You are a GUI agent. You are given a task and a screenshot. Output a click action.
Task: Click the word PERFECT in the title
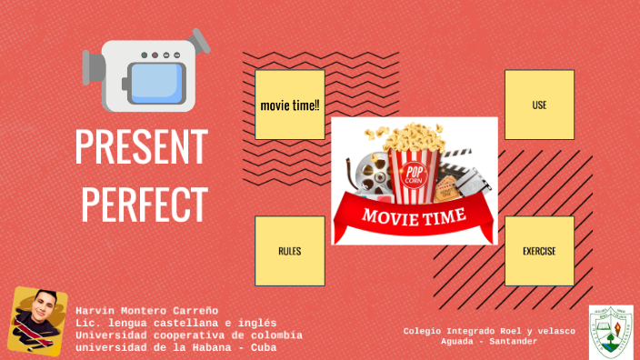(141, 203)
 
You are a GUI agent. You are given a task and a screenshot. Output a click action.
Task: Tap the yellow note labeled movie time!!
(290, 105)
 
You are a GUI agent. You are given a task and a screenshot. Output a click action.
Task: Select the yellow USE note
(539, 105)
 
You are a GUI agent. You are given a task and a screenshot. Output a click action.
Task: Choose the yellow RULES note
(290, 250)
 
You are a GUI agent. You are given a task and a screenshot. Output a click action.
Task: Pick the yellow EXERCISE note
(539, 250)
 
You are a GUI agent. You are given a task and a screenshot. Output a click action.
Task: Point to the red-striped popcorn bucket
(414, 173)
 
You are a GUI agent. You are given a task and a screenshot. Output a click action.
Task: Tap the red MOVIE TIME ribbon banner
(415, 216)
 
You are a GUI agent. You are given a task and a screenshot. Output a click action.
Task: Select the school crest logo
(611, 330)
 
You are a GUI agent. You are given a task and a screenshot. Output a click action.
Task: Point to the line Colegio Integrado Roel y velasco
(489, 331)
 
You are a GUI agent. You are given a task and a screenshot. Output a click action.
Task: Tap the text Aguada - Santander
(489, 341)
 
